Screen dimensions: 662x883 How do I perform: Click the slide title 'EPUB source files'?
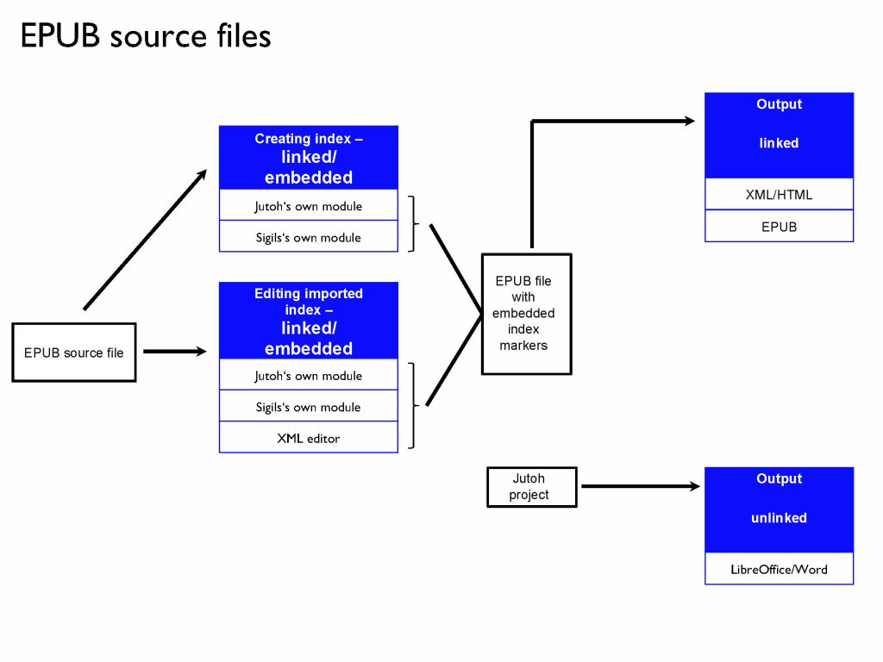click(145, 36)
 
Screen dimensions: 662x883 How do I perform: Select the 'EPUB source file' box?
click(74, 353)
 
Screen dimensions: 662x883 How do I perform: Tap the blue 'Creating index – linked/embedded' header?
click(309, 158)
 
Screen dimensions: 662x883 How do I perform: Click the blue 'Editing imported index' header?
click(309, 321)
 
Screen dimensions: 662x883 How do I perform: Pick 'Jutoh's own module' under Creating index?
click(309, 206)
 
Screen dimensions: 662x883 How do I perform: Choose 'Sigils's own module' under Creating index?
click(309, 237)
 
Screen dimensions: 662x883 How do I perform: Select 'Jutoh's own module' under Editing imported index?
click(309, 376)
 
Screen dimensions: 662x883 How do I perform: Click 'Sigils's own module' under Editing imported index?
click(309, 407)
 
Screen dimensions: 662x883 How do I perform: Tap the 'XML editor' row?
click(309, 438)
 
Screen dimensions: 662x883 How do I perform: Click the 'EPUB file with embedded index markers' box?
click(526, 314)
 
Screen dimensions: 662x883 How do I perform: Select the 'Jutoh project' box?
click(531, 487)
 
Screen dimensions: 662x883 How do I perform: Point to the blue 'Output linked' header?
click(779, 134)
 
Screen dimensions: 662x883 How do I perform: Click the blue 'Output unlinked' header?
click(779, 509)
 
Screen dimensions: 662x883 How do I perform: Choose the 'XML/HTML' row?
click(779, 195)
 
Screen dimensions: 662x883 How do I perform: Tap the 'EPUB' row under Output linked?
click(779, 227)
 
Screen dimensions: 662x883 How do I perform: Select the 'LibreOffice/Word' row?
click(779, 569)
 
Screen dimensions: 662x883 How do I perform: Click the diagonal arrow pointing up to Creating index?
click(145, 239)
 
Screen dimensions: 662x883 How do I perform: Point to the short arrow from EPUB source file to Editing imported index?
click(175, 352)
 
